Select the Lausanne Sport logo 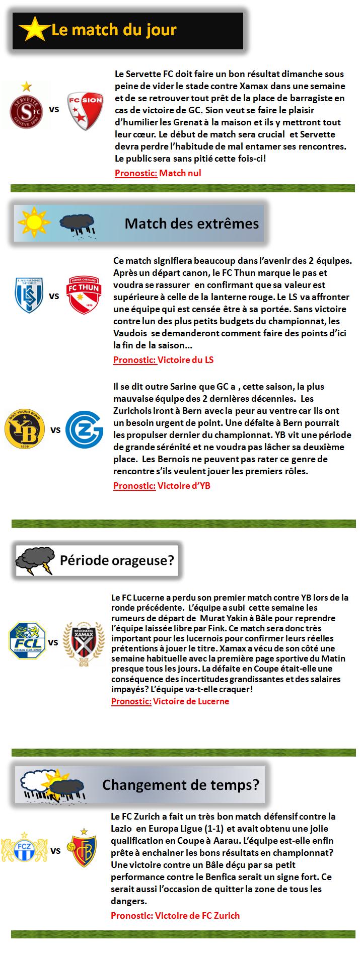point(29,295)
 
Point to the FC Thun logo point(84,296)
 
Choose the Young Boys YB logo point(24,429)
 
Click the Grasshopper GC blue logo point(85,429)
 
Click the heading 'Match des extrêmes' point(191,223)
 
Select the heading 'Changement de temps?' point(181,784)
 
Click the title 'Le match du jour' point(114,30)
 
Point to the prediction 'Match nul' point(180,173)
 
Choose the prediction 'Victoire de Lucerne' point(191,701)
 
